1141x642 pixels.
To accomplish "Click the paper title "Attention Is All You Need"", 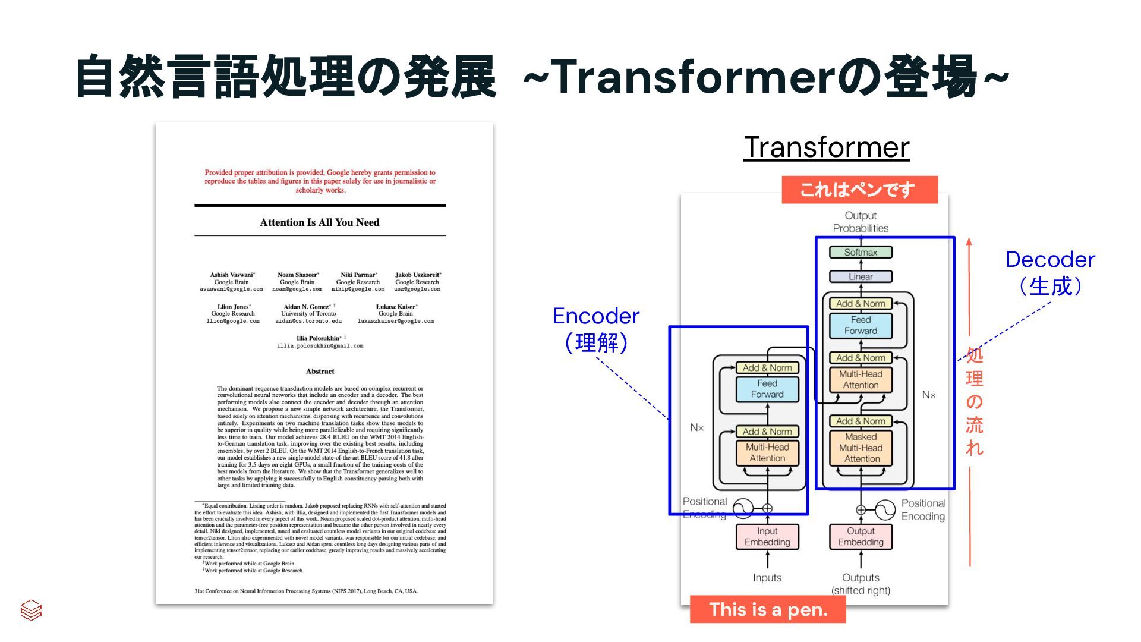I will (320, 222).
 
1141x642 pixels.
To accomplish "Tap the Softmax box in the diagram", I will (861, 252).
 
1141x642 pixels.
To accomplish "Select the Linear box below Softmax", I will (861, 276).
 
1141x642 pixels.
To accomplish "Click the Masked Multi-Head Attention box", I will (861, 448).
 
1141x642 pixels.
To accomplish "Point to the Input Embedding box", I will (767, 536).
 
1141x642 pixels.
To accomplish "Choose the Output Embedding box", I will (861, 536).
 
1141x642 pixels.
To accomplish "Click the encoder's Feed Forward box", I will (767, 389).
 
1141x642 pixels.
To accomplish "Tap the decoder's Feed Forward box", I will (861, 325).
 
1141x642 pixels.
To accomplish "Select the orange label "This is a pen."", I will (768, 609).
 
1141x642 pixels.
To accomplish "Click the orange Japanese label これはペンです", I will (859, 190).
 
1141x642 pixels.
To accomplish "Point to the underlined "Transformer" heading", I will (826, 147).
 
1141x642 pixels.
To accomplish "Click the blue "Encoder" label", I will (596, 316).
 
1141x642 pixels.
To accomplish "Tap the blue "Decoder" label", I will (1050, 259).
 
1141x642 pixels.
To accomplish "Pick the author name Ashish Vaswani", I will (232, 275).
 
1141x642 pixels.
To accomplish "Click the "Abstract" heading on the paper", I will (320, 371).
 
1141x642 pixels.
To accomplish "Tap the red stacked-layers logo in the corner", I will (31, 610).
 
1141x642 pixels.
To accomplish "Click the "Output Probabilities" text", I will (861, 222).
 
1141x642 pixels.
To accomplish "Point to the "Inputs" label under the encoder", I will (767, 577).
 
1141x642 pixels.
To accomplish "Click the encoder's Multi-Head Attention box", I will (767, 452).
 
